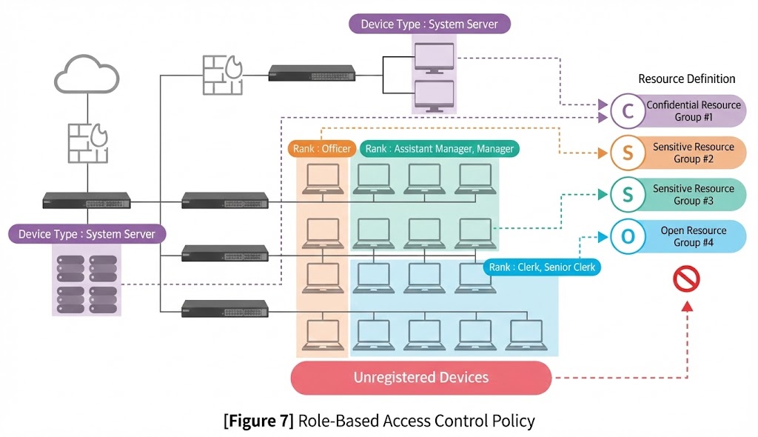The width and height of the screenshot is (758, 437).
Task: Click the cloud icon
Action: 86,75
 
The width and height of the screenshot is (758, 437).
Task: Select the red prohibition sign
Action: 686,278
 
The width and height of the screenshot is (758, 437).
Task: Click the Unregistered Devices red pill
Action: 421,378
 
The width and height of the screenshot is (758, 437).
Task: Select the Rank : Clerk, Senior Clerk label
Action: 542,267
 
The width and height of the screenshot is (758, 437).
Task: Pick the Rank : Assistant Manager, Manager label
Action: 440,149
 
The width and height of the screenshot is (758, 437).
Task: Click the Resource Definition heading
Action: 686,79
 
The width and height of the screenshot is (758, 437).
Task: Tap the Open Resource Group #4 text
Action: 694,237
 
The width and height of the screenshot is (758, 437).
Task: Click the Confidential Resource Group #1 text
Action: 694,111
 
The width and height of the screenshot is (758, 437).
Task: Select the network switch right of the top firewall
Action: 312,73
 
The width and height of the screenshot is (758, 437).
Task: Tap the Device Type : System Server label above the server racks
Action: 87,234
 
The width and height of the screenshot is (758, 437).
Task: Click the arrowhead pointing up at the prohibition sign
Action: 686,306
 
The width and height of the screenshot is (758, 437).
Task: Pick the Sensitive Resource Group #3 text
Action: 694,195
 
